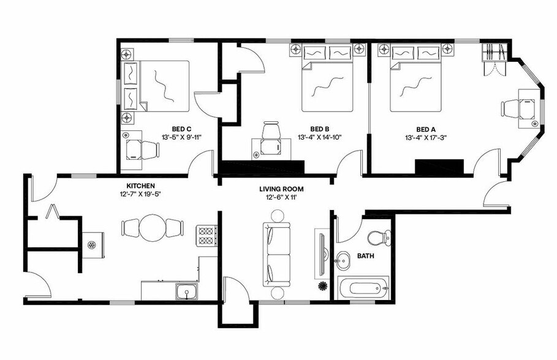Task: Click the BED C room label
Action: point(178,129)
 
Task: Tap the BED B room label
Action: point(319,129)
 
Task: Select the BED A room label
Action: point(426,129)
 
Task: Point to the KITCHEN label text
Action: point(140,186)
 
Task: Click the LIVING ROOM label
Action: point(281,189)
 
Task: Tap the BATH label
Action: point(366,258)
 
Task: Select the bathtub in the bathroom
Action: point(363,288)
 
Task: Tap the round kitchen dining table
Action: point(153,228)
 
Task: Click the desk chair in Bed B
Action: point(271,133)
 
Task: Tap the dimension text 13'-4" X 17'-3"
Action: point(426,137)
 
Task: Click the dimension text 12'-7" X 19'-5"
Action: point(140,194)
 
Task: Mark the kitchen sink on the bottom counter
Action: point(184,291)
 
